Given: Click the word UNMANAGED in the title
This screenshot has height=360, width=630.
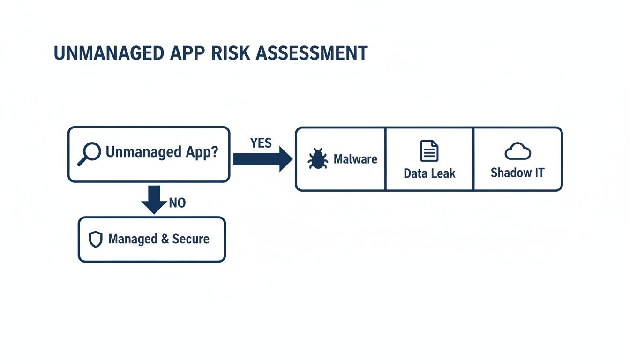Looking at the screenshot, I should pyautogui.click(x=105, y=53).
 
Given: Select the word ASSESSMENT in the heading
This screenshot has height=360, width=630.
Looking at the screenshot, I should pyautogui.click(x=310, y=53).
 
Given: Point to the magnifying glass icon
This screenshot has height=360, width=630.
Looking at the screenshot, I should pyautogui.click(x=89, y=154).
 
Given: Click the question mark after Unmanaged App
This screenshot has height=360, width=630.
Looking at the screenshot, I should pyautogui.click(x=214, y=152).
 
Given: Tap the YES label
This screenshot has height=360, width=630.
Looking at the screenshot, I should pyautogui.click(x=261, y=143).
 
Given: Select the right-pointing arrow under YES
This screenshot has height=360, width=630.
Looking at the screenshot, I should pyautogui.click(x=262, y=159).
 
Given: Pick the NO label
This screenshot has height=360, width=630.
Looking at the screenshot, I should pyautogui.click(x=177, y=203).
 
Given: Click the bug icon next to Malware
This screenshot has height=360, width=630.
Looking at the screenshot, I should pyautogui.click(x=317, y=159).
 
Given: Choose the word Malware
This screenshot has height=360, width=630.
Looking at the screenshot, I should pyautogui.click(x=355, y=159).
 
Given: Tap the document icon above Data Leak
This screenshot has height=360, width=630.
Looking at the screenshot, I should pyautogui.click(x=429, y=151).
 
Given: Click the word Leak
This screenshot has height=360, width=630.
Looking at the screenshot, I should pyautogui.click(x=443, y=173).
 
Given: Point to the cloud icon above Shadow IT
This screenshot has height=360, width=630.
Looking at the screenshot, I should pyautogui.click(x=517, y=151).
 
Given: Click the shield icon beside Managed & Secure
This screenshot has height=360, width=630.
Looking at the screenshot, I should pyautogui.click(x=96, y=240).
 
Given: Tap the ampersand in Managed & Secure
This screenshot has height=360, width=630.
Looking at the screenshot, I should pyautogui.click(x=165, y=239).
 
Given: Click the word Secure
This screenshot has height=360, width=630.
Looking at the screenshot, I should pyautogui.click(x=191, y=239).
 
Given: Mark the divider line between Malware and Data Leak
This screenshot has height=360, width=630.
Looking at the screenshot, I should pyautogui.click(x=385, y=159).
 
